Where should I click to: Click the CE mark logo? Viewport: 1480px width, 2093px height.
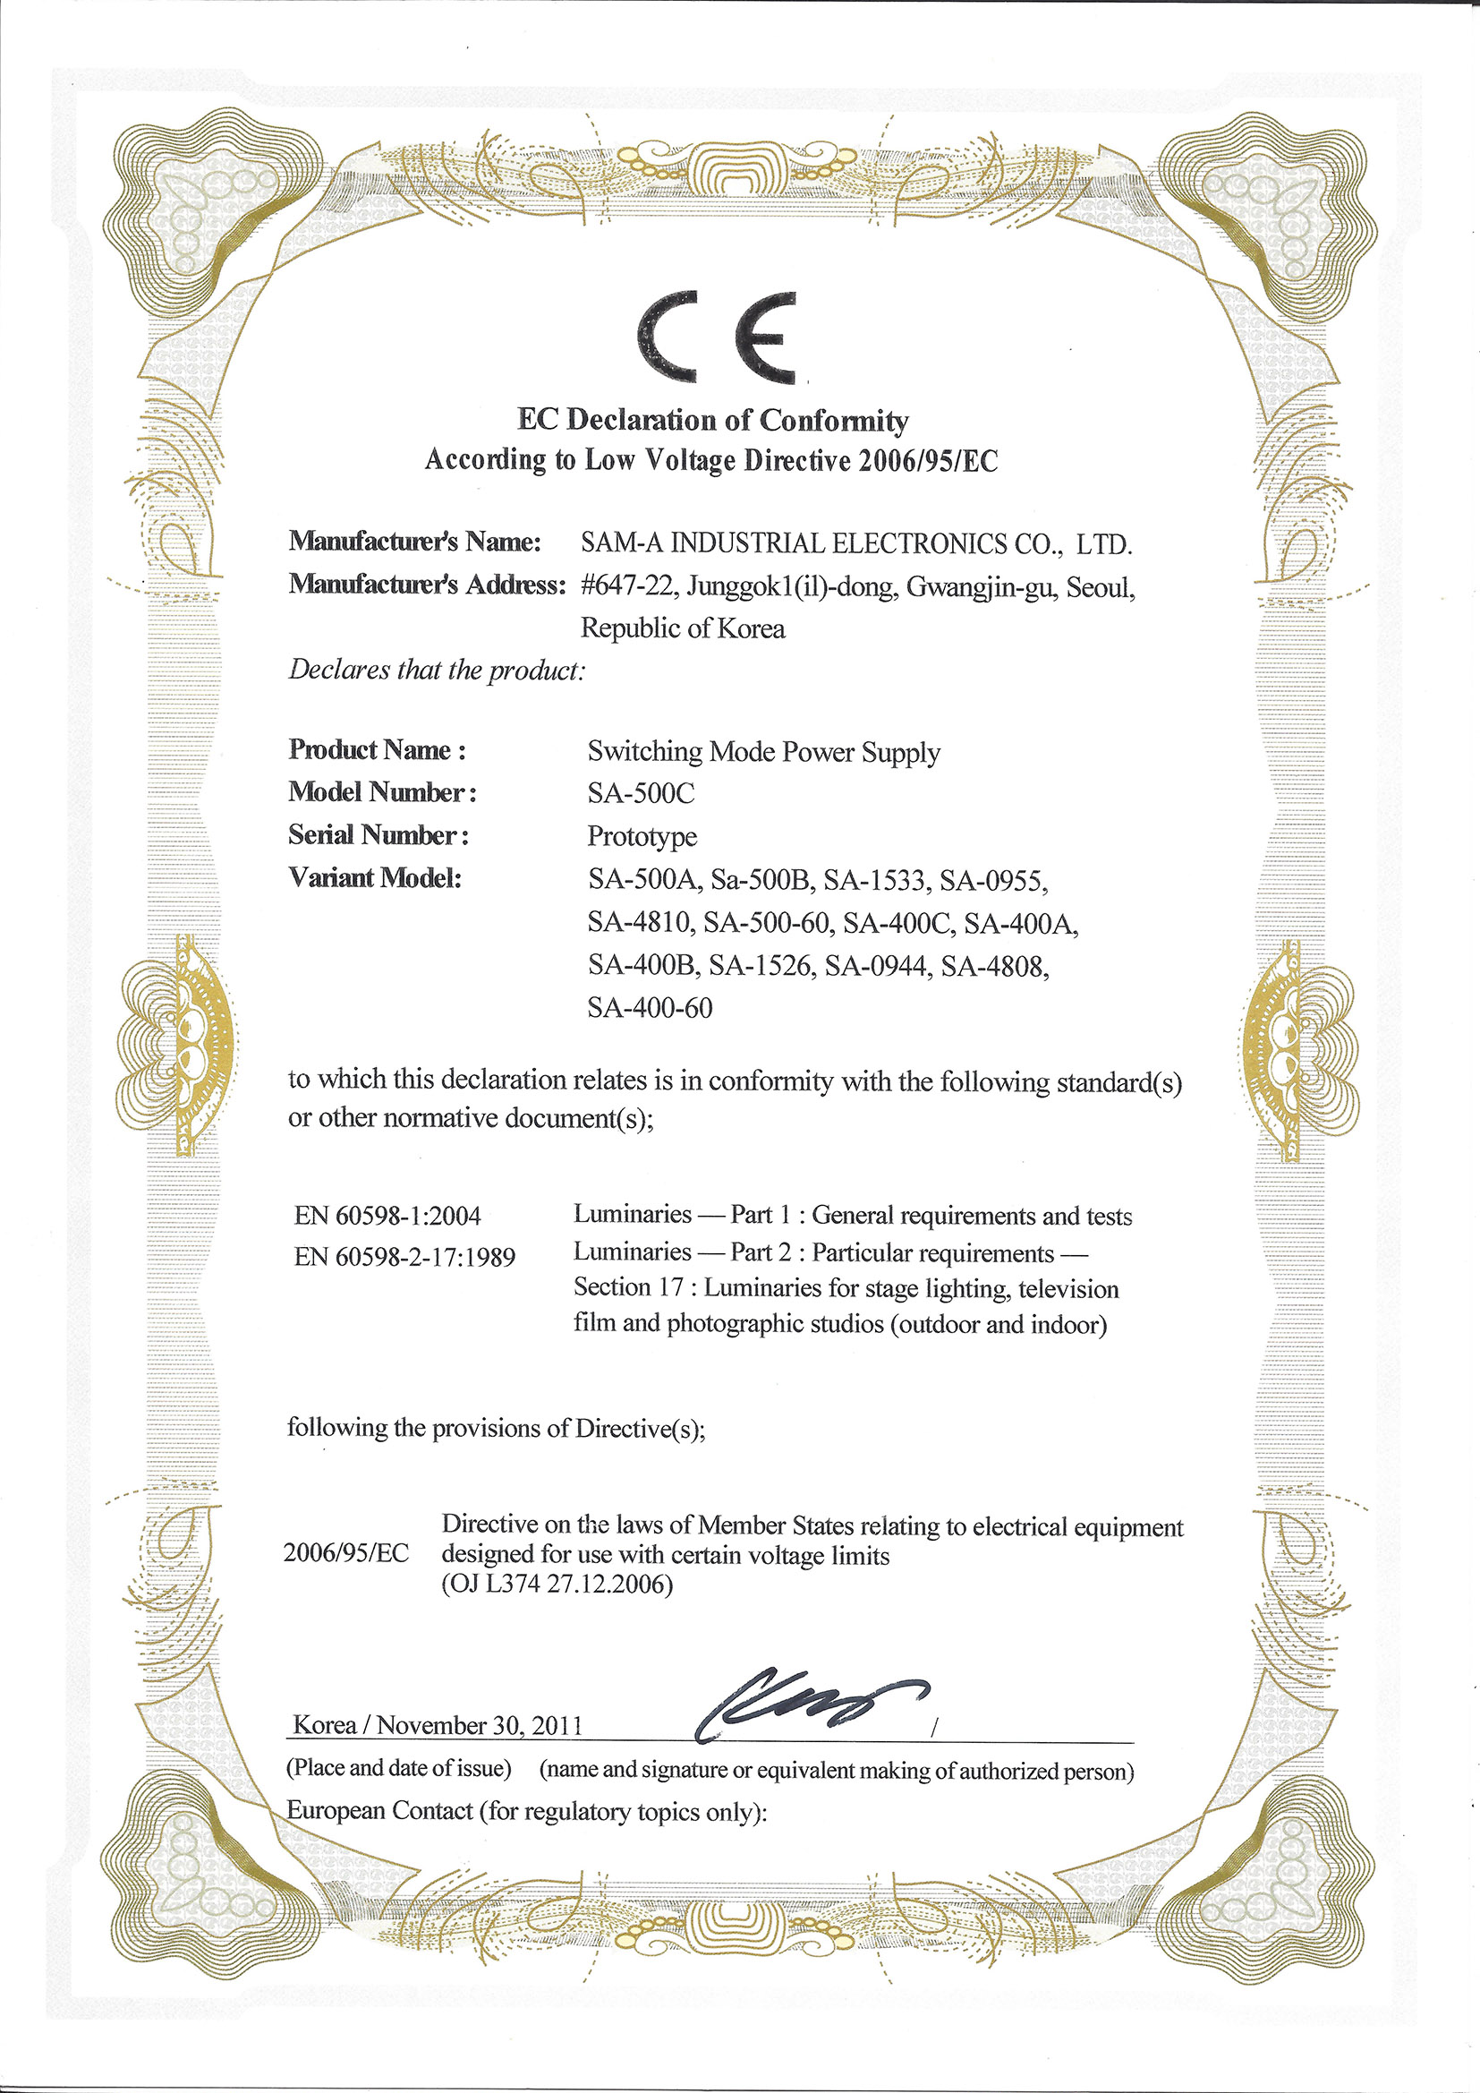pyautogui.click(x=717, y=337)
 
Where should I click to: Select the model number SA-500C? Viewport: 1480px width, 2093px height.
pyautogui.click(x=641, y=794)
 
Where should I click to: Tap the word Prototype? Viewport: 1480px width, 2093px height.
pyautogui.click(x=642, y=836)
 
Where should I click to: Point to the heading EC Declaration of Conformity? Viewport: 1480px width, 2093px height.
pyautogui.click(x=712, y=420)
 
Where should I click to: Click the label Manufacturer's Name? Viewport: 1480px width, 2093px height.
pyautogui.click(x=415, y=542)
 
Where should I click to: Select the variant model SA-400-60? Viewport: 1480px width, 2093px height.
pyautogui.click(x=650, y=1007)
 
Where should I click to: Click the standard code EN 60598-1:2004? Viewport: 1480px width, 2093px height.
pyautogui.click(x=387, y=1215)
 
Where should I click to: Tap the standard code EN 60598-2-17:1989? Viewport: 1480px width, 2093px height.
pyautogui.click(x=404, y=1257)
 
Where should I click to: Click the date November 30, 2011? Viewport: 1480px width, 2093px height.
pyautogui.click(x=480, y=1725)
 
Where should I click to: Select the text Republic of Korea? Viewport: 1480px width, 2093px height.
pyautogui.click(x=683, y=628)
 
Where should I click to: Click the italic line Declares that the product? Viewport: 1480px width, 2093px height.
pyautogui.click(x=437, y=670)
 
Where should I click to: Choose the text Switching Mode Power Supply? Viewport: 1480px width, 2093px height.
pyautogui.click(x=763, y=752)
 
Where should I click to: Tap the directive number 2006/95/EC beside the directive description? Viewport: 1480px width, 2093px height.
pyautogui.click(x=346, y=1553)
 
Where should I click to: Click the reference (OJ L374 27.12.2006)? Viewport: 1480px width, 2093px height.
pyautogui.click(x=557, y=1585)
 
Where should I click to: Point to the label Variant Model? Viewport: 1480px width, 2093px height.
pyautogui.click(x=376, y=878)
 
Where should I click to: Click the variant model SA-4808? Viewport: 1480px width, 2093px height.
pyautogui.click(x=994, y=965)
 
